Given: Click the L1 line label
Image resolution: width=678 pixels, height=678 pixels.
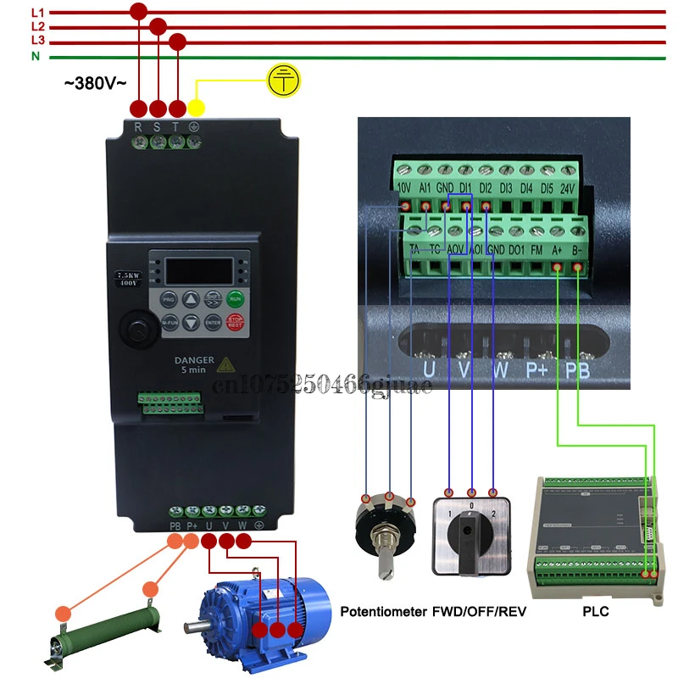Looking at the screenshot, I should point(37,13).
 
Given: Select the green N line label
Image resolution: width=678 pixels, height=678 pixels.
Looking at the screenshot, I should point(36,56).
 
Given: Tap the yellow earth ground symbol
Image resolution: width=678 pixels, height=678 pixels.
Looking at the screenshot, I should point(283,80).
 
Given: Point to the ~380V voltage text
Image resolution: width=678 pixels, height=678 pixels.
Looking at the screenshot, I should point(96,83).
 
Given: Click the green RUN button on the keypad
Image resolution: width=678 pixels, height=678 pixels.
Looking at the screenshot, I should point(236,298).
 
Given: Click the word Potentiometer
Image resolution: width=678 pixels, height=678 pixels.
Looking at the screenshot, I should point(382,612).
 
